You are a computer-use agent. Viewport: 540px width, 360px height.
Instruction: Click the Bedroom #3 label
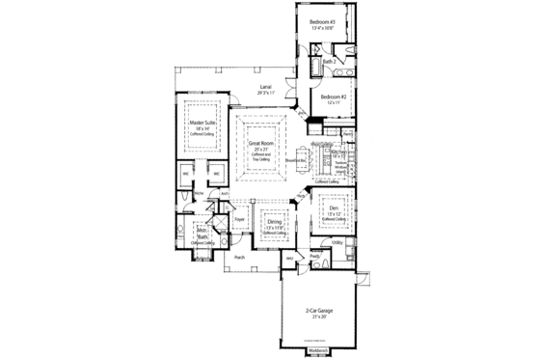tap(321, 21)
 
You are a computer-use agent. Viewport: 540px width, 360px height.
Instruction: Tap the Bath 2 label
tap(329, 62)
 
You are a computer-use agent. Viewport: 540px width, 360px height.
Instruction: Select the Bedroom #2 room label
tap(335, 97)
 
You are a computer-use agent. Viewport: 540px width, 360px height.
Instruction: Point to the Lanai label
tap(263, 88)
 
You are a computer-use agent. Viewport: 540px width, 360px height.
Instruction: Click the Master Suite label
tap(202, 124)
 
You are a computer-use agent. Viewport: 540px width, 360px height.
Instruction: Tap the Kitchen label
tap(338, 152)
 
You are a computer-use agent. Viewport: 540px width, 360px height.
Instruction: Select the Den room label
tap(334, 208)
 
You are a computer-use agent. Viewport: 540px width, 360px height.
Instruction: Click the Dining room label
tap(275, 221)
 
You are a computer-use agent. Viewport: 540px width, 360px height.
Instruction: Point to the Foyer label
tap(239, 220)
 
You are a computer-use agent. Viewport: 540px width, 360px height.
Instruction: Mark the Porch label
tap(238, 258)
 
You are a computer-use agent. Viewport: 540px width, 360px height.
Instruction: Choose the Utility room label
tap(338, 242)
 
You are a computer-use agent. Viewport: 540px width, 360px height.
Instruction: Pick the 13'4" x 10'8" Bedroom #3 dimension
tap(321, 29)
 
